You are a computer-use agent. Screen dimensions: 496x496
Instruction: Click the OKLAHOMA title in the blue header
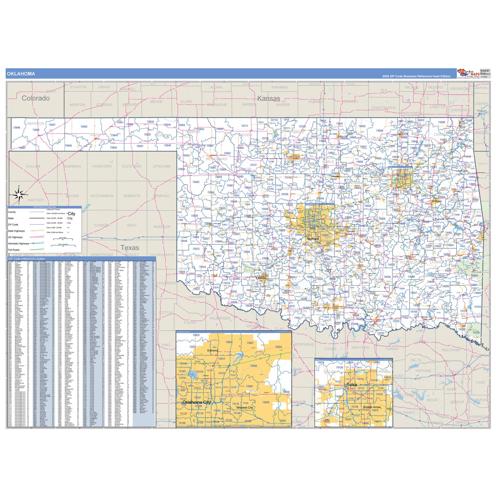coord(21,74)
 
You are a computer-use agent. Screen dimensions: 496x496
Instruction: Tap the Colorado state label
coord(36,98)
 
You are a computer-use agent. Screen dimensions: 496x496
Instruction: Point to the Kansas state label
coord(269,98)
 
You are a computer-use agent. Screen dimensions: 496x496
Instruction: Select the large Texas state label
coord(130,248)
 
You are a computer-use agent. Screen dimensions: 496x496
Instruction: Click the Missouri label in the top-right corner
coord(481,110)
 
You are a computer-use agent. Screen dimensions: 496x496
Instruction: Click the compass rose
coord(19,195)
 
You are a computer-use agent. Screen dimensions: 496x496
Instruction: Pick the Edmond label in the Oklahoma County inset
coord(213,351)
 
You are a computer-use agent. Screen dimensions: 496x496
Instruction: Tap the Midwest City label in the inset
coord(244,407)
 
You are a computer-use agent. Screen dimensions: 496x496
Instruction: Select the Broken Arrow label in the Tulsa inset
coord(372,407)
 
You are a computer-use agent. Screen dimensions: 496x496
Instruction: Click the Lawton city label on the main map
coord(261,278)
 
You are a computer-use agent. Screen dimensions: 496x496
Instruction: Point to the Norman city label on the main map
coord(312,239)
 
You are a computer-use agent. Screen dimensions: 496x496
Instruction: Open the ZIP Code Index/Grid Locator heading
coord(26,259)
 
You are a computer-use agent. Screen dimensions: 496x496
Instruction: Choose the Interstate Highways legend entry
coord(19,243)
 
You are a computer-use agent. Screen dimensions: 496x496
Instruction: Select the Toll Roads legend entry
coord(14,250)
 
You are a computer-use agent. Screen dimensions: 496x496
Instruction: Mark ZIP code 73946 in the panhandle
coord(17,128)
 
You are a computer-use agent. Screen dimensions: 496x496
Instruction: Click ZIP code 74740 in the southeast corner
coord(476,333)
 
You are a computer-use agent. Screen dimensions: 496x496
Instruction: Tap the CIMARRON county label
coord(34,123)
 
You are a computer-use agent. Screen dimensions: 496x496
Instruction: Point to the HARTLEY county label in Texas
coord(36,200)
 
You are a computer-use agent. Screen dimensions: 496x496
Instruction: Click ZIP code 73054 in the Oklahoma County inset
coord(278,347)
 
